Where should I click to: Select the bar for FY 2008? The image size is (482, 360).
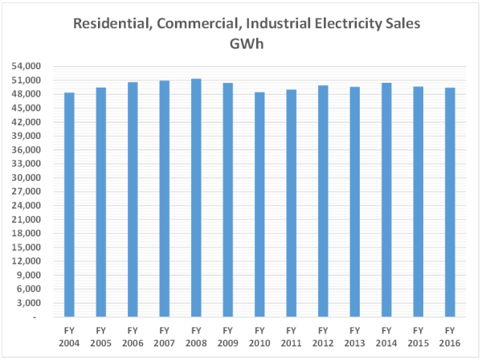[196, 198]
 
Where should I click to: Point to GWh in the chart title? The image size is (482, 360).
[247, 43]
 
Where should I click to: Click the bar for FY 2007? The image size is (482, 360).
[164, 198]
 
